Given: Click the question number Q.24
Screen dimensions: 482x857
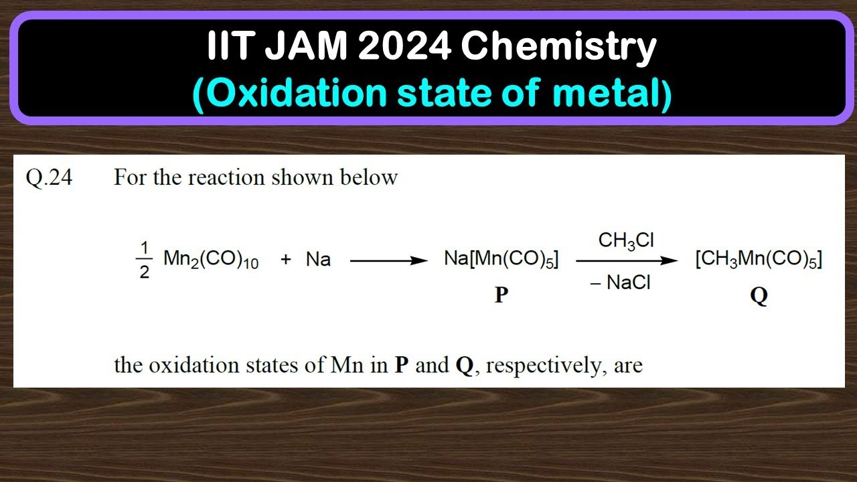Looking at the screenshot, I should (x=49, y=178).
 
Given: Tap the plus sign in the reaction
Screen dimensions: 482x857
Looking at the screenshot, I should (x=286, y=260).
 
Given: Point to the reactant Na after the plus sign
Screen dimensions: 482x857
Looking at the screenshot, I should (x=318, y=260).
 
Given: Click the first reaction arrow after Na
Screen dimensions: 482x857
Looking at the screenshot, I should (x=388, y=261).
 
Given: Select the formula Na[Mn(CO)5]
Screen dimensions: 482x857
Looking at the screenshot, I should (x=501, y=260).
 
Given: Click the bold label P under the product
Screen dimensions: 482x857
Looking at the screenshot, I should (x=501, y=295).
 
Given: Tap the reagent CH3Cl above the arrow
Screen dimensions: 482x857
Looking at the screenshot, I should (x=626, y=241).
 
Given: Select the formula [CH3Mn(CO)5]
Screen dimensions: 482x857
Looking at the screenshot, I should (x=759, y=260).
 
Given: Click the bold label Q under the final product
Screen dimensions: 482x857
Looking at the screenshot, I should (x=759, y=296).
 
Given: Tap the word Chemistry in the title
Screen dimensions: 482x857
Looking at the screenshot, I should (x=558, y=48).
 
